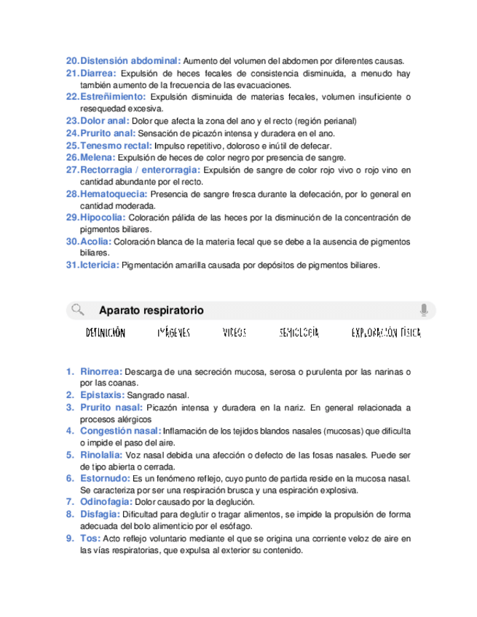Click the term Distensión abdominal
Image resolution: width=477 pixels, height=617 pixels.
[130, 60]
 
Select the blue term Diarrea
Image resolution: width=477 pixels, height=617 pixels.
[98, 73]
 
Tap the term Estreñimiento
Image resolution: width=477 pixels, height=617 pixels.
[113, 96]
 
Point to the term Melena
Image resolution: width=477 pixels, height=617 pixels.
[98, 157]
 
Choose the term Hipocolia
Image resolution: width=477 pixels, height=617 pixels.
[103, 217]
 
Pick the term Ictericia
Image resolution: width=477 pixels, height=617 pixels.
[100, 266]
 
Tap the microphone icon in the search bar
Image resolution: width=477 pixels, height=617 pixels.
[424, 310]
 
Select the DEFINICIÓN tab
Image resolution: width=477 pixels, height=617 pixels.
[106, 333]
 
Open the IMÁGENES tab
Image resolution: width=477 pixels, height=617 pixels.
[173, 333]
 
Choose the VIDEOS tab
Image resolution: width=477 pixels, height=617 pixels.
[234, 333]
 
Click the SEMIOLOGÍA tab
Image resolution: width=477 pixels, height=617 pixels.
[299, 333]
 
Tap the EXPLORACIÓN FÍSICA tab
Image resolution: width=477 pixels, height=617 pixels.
[386, 333]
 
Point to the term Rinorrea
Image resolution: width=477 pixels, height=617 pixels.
[101, 371]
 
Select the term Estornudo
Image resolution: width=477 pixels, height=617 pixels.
[106, 478]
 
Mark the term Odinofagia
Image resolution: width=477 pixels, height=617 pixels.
[106, 502]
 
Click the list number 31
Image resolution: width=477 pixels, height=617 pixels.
[71, 266]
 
